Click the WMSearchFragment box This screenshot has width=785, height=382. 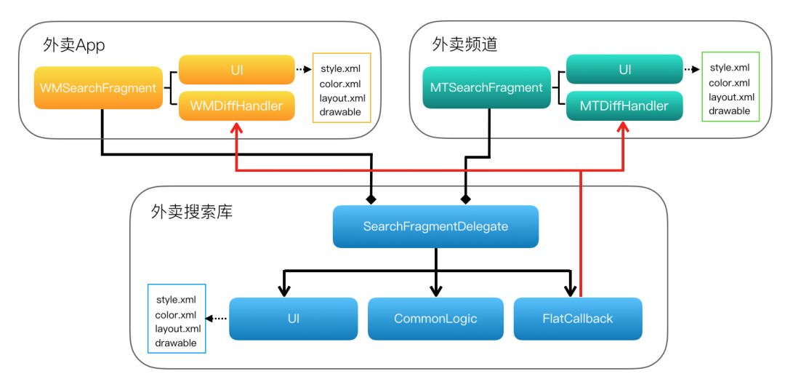tap(98, 88)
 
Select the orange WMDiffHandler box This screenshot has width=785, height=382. tap(236, 106)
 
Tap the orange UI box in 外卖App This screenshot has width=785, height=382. tap(236, 70)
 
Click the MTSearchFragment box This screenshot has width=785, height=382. tap(486, 88)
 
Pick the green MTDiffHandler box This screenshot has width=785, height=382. tap(624, 106)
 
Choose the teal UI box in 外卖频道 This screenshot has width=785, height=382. tap(624, 70)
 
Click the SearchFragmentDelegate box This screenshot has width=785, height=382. tap(435, 226)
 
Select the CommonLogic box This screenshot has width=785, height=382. tap(435, 319)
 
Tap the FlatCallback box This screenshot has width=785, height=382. tap(578, 319)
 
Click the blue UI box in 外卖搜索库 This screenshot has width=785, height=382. tap(294, 319)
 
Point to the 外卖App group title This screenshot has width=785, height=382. tap(74, 45)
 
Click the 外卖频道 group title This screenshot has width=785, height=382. tap(464, 44)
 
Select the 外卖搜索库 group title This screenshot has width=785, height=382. tap(192, 212)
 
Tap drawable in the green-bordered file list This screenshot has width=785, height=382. tap(729, 111)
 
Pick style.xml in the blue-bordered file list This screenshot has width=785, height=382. tap(176, 300)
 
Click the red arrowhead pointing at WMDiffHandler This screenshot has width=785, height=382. tap(236, 128)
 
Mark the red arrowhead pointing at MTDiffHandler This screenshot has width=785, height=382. tap(624, 128)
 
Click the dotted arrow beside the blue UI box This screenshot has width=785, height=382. tap(217, 319)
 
